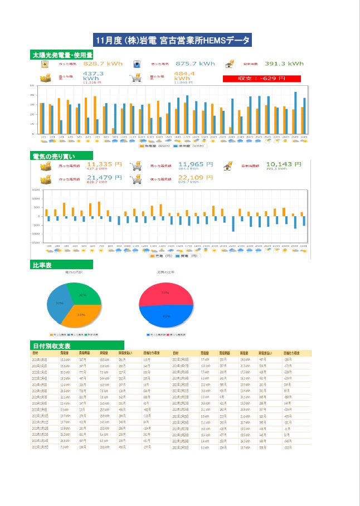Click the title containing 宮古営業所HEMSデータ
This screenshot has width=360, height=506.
click(x=173, y=40)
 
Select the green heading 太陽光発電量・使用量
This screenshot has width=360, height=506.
click(x=62, y=55)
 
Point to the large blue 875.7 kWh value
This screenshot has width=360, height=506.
click(x=195, y=64)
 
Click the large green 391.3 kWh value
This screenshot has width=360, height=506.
click(x=284, y=64)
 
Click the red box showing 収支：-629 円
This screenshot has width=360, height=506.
click(x=254, y=79)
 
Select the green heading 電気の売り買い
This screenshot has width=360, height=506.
click(x=54, y=157)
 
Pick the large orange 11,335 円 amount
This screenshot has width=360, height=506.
click(x=104, y=164)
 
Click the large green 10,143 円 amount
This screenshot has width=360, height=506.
click(x=283, y=164)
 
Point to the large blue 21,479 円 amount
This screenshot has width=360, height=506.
click(x=104, y=178)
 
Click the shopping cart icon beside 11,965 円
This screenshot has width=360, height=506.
click(x=135, y=166)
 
